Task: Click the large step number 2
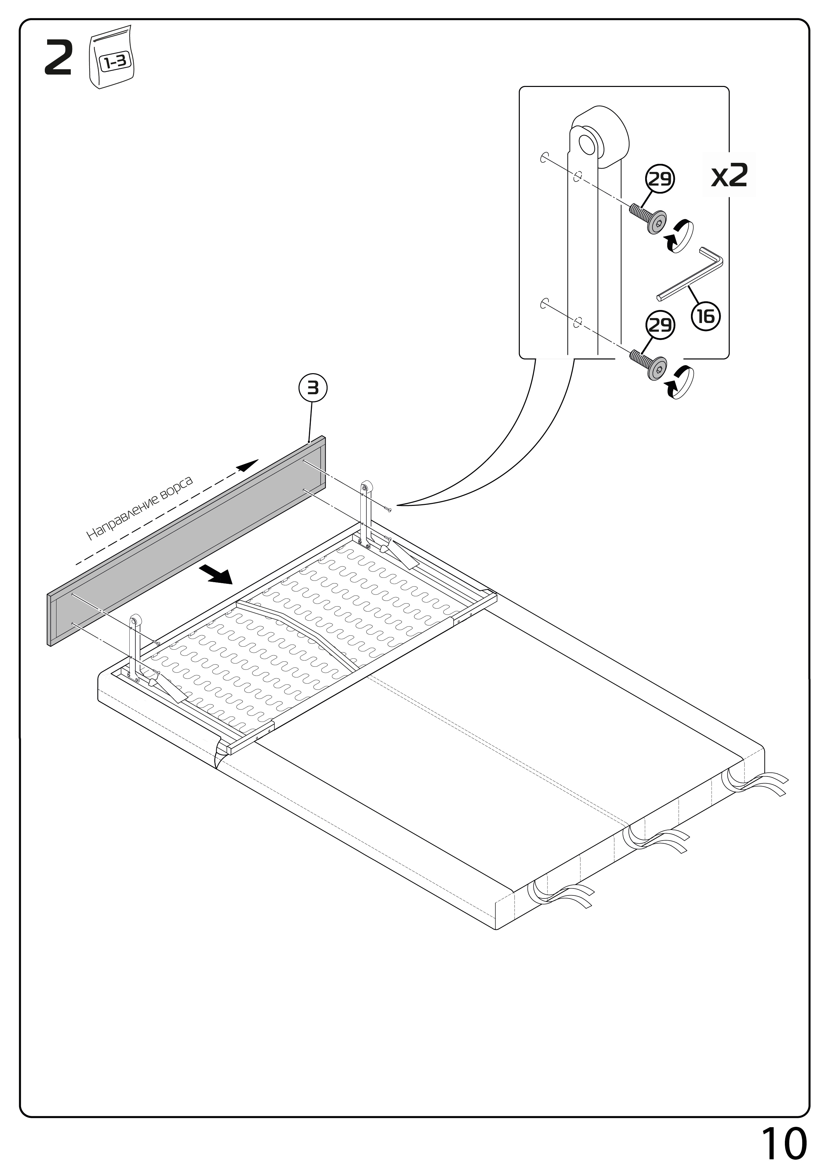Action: pos(58,59)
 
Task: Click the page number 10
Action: pos(784,1144)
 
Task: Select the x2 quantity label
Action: pos(729,176)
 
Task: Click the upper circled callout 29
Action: pos(660,179)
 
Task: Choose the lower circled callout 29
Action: pos(660,325)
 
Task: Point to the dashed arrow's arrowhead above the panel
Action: pos(247,465)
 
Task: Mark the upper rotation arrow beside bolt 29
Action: pos(679,235)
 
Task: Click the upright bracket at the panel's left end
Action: pos(134,646)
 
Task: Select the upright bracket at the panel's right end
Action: pos(366,511)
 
